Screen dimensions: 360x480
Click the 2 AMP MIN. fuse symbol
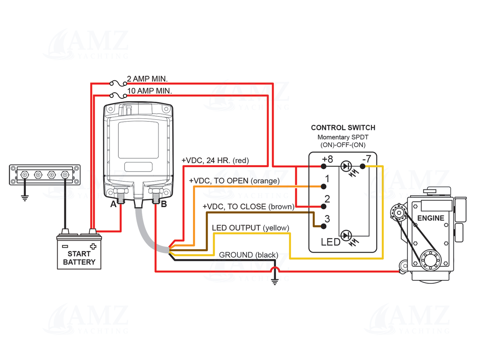(118, 84)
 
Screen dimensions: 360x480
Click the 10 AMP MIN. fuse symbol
(118, 95)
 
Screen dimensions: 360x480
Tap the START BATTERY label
(79, 258)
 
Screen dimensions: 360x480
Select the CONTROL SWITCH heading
(343, 128)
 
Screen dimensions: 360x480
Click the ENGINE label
(430, 218)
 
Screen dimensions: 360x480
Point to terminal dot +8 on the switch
(323, 167)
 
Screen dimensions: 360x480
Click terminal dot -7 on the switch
(363, 167)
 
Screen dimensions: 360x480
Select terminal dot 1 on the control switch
(323, 186)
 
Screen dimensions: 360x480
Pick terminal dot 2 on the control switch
(323, 206)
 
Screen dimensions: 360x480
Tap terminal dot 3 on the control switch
(323, 226)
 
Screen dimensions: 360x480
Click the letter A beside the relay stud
(113, 204)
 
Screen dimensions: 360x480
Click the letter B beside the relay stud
(164, 204)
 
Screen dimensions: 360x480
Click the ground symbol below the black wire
(275, 282)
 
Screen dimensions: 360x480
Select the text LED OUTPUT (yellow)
(250, 228)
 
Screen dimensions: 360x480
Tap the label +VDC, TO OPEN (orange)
(234, 181)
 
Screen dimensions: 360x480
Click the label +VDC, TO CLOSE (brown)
(248, 207)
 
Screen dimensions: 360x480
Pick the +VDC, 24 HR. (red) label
(215, 161)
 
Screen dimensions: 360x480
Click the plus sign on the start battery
(93, 246)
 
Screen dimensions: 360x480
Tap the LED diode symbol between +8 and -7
(346, 167)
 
